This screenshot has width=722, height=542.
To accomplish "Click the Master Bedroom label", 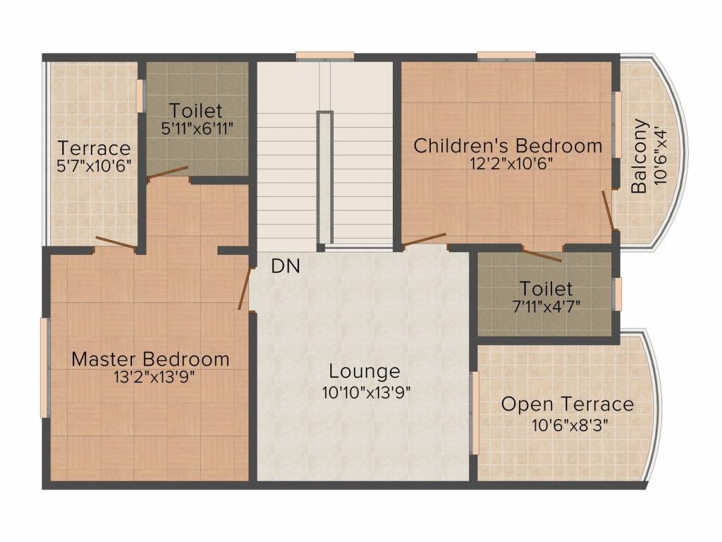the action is [x=151, y=359].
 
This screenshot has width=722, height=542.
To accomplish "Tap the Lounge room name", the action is [x=365, y=371].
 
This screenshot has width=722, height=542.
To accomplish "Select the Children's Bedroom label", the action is [x=508, y=145].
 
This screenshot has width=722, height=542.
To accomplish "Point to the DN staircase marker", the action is [x=286, y=266].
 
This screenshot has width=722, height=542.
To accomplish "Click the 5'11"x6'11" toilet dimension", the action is [x=197, y=128].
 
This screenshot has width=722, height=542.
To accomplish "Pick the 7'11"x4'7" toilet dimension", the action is [x=546, y=306].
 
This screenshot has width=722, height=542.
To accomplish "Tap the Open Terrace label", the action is [x=568, y=404].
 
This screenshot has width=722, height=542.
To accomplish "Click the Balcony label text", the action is [x=639, y=156].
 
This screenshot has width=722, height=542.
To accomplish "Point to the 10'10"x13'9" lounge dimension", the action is [x=366, y=392].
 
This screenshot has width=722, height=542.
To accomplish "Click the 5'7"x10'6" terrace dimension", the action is [x=94, y=165].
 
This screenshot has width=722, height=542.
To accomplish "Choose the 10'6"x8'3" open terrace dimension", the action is [x=570, y=424].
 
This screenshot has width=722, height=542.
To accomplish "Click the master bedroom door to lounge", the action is [x=245, y=288].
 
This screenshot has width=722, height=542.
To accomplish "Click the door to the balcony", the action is [x=608, y=210].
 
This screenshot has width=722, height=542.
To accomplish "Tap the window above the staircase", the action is [x=324, y=56].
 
